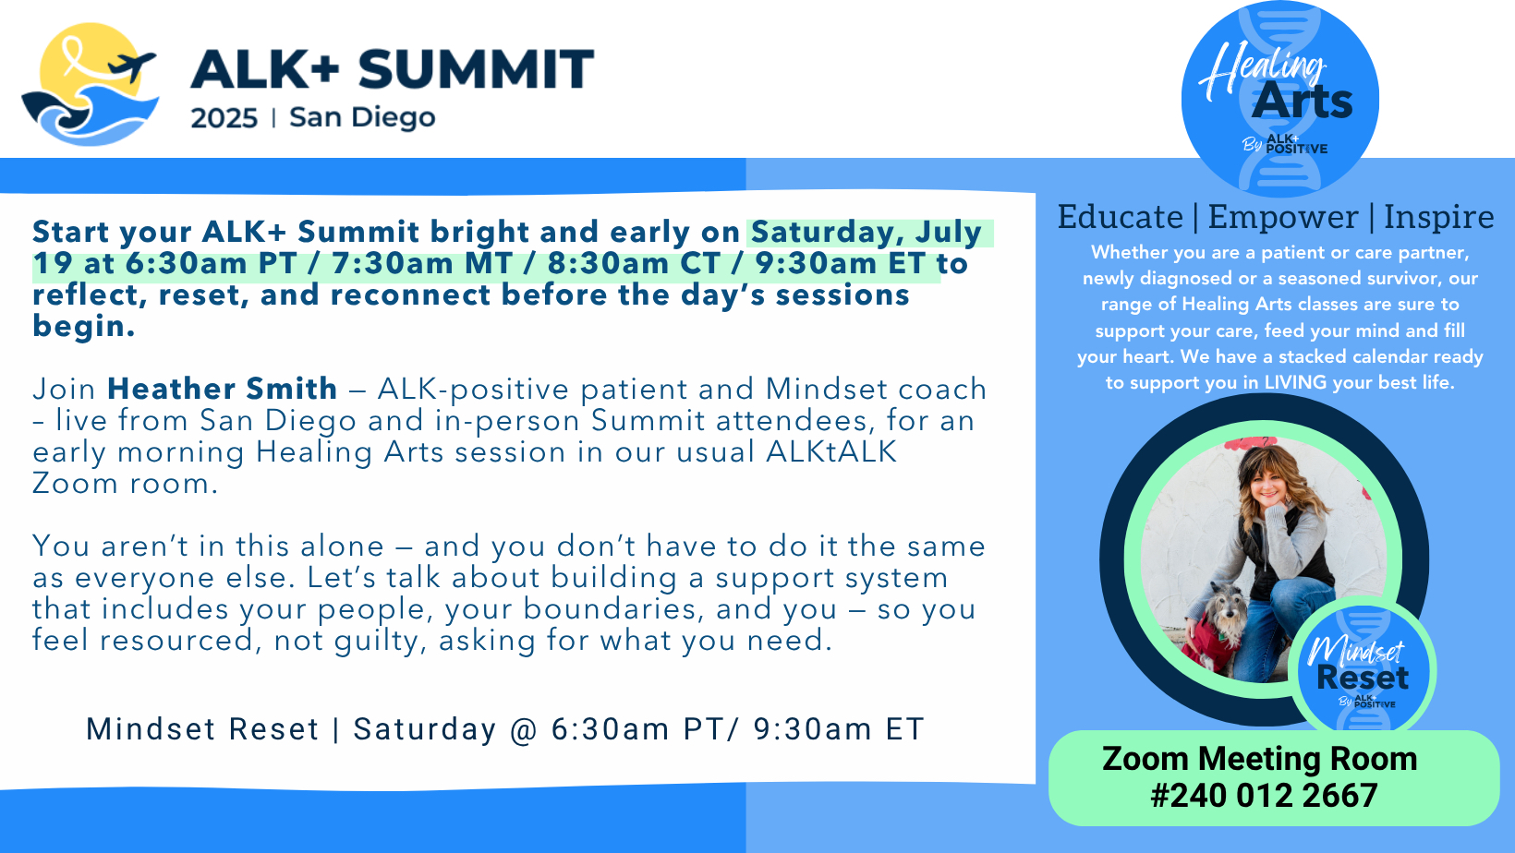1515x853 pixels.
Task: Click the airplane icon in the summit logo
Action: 132,66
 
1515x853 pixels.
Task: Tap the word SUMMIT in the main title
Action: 476,69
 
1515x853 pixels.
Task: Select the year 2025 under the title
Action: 224,118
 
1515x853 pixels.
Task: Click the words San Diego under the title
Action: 362,117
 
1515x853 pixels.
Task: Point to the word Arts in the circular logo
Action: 1302,102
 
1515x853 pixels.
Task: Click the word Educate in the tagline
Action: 1120,217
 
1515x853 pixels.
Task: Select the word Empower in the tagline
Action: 1283,218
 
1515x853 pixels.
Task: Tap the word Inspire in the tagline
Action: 1438,218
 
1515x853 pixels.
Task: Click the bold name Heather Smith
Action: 222,389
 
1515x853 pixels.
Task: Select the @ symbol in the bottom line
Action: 523,730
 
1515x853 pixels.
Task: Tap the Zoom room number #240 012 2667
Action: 1264,796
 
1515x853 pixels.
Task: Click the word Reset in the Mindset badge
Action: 1363,678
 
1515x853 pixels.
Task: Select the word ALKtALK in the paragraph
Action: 831,452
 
